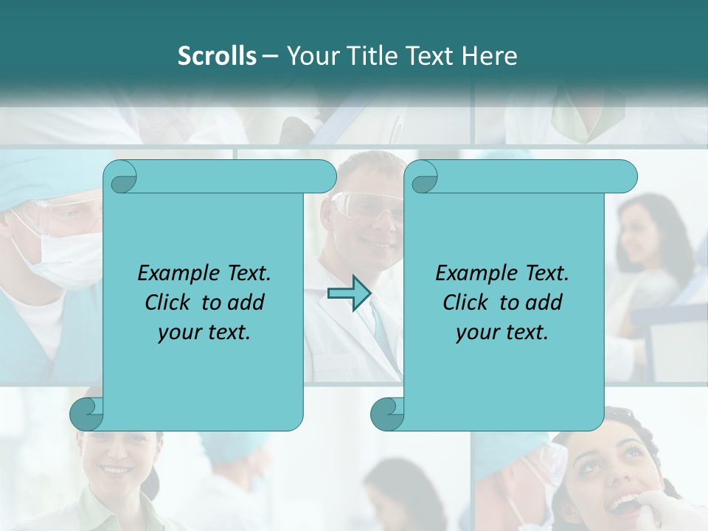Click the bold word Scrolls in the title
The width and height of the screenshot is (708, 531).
[x=217, y=56]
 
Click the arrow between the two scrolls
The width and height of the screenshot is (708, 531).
[x=349, y=294]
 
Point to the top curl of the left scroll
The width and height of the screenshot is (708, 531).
[x=121, y=177]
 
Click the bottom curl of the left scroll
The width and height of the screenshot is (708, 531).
[x=87, y=414]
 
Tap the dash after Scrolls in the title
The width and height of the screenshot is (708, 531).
[x=270, y=56]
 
